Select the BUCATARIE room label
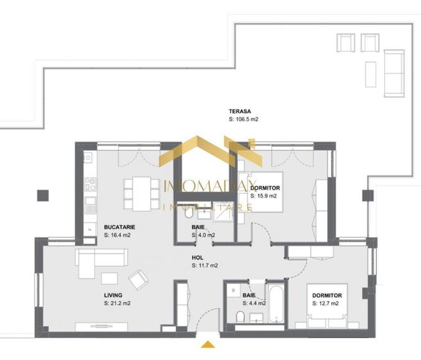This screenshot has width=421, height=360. click(119, 227)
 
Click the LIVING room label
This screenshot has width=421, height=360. click(114, 295)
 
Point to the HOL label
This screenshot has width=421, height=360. click(198, 258)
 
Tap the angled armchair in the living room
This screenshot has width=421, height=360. click(139, 279)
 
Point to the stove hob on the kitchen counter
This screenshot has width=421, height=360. click(90, 185)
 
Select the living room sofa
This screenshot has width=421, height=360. click(102, 259)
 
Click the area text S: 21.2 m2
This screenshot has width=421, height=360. click(118, 303)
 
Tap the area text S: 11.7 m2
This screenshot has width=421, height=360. click(205, 265)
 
